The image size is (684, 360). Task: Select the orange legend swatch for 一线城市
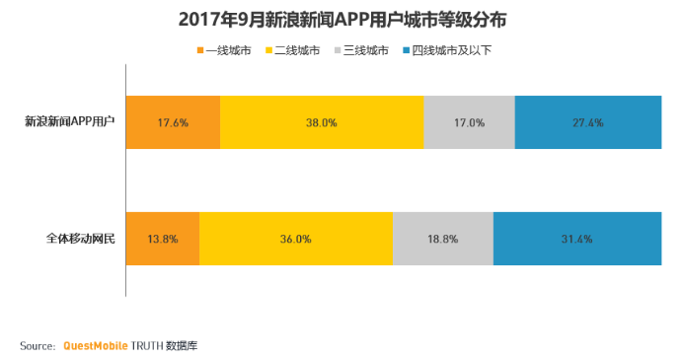[199, 49]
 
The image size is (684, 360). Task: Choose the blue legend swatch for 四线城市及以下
[408, 49]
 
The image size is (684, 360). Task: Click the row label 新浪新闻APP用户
[70, 122]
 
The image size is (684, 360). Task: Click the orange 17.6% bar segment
[173, 122]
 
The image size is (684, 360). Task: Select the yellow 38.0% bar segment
[322, 122]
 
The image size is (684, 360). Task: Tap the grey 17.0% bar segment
[469, 122]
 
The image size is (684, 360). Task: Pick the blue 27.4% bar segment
[588, 122]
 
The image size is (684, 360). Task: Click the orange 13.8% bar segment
[163, 239]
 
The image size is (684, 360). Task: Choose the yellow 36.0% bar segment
[296, 239]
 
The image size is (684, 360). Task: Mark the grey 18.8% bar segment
[442, 239]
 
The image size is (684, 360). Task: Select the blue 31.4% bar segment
[577, 239]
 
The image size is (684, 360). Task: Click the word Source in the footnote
[37, 346]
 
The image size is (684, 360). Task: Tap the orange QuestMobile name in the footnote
[96, 346]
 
